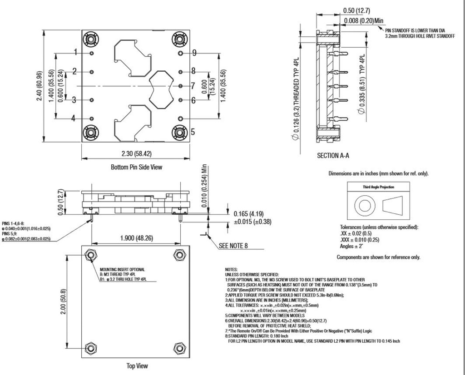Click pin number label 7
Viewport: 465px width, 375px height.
coord(193,85)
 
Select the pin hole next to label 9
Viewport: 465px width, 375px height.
coord(181,53)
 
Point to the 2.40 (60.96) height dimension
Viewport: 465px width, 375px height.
coord(40,86)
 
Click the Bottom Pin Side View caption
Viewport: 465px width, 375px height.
coord(136,167)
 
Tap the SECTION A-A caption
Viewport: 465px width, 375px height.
coord(332,155)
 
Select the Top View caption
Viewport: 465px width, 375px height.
coord(136,366)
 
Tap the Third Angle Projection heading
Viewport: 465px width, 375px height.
coord(378,187)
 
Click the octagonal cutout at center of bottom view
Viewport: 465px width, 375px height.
coord(162,89)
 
